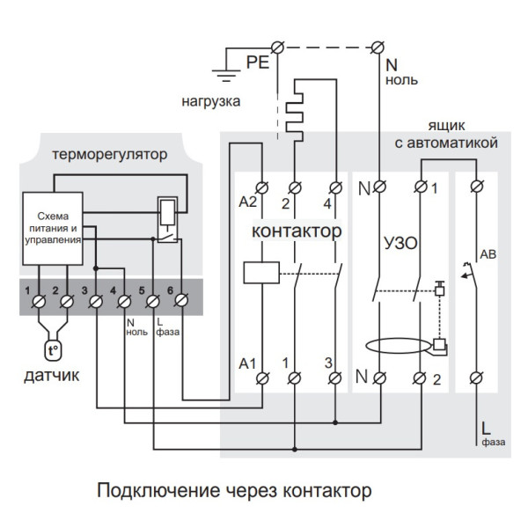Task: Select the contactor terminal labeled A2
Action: [x=262, y=187]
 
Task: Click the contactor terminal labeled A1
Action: [x=262, y=378]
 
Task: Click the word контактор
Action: [x=297, y=231]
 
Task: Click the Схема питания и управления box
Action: [x=52, y=228]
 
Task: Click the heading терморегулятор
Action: [x=109, y=155]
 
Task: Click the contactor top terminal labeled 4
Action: [x=334, y=187]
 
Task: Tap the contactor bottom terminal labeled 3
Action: [x=334, y=378]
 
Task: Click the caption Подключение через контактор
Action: [x=234, y=489]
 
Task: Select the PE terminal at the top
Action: [x=279, y=45]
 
